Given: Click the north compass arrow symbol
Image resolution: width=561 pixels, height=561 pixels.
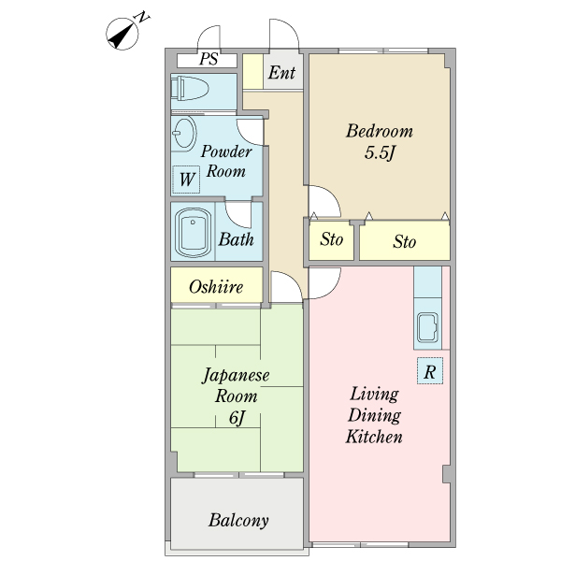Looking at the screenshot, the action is tap(122, 35).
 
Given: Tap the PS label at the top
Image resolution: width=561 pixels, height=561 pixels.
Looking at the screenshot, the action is tap(209, 59).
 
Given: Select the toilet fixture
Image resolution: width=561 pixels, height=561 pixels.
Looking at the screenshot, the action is tap(190, 88).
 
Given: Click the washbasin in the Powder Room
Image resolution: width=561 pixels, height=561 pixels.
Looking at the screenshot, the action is tap(184, 133).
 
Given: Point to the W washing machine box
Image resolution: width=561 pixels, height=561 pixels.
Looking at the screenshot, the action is tap(186, 180).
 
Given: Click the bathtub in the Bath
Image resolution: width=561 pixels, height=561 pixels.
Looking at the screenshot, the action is tap(193, 232).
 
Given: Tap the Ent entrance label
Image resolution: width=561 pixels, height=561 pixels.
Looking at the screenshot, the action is tap(282, 73).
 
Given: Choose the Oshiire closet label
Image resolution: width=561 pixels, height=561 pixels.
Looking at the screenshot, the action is tap(216, 287).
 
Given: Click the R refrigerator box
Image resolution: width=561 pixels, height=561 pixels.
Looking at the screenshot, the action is tap(430, 370).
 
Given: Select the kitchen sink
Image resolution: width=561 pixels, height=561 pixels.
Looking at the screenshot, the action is tap(427, 327).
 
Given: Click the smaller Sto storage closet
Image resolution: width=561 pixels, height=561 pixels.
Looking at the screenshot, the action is tap(331, 240).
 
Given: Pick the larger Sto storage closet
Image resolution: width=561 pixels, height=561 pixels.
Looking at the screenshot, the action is tap(405, 241).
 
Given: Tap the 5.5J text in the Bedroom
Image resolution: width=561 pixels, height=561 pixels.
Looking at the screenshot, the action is tap(380, 153).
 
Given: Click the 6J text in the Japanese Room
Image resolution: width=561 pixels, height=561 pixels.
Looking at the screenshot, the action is tap(237, 418).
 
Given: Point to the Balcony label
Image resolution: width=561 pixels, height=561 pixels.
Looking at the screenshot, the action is tap(238, 520).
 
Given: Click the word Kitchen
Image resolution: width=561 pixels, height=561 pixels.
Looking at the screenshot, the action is tap(374, 437).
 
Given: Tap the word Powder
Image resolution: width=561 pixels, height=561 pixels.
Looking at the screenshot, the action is tap(226, 151).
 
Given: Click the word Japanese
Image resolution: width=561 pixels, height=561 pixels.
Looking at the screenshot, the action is tap(236, 376).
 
